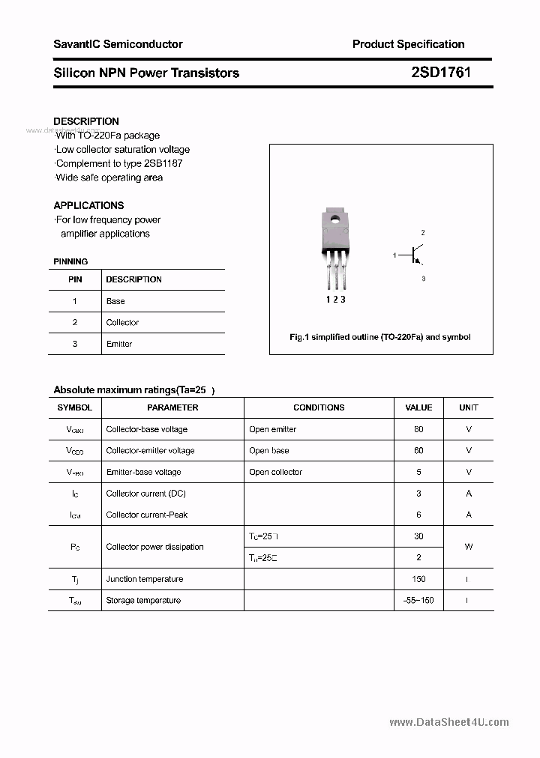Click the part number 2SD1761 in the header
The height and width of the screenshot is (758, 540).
point(441,73)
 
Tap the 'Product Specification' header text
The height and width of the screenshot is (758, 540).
point(408,44)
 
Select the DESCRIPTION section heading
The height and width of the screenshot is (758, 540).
point(86,121)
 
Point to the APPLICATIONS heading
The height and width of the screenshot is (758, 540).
point(88,205)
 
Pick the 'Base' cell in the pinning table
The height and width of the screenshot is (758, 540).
point(115,301)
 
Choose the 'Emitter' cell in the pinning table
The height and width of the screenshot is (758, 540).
point(119,344)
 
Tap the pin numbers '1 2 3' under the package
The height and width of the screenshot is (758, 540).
point(335,300)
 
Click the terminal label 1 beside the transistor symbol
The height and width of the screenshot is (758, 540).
point(394,256)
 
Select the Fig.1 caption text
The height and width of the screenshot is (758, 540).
point(380,337)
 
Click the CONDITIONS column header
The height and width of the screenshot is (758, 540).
point(319,407)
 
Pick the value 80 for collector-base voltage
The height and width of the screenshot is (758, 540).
point(418,429)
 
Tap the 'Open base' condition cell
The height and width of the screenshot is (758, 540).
point(269,451)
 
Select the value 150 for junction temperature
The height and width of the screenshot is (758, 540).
point(418,579)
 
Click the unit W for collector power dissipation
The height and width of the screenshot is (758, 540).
point(469,547)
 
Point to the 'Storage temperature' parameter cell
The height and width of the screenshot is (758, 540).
point(143,601)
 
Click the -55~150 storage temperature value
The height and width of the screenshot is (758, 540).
point(418,601)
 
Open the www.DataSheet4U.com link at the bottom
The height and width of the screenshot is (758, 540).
point(449,722)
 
